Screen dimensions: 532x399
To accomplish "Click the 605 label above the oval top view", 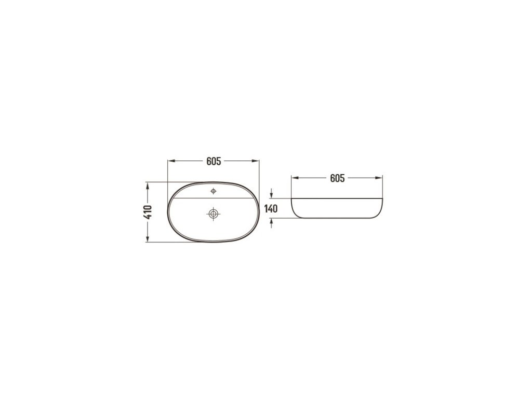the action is click(x=214, y=161).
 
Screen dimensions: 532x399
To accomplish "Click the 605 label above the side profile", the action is click(x=337, y=178).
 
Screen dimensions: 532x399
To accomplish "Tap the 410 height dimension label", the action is click(x=148, y=212).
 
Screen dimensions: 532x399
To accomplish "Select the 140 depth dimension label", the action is click(x=271, y=209).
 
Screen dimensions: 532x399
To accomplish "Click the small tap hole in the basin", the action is click(x=214, y=191).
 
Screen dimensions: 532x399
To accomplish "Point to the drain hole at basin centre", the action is click(x=214, y=214).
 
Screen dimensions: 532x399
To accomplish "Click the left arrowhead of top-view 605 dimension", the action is click(x=171, y=161).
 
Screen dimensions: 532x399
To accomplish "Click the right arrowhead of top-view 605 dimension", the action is click(x=256, y=161).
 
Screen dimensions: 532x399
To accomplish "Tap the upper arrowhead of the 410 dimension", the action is click(x=148, y=185).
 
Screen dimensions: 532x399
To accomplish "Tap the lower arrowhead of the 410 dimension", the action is click(x=148, y=238).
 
